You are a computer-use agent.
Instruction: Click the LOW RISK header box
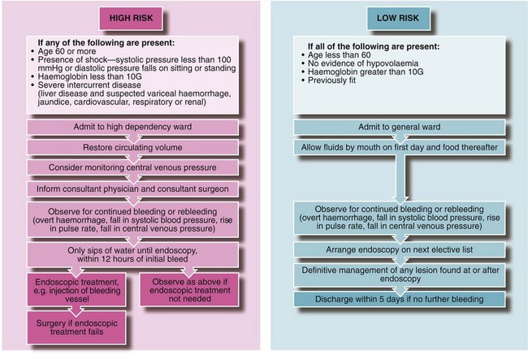(x=396, y=16)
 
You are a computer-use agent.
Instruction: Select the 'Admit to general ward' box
(x=396, y=129)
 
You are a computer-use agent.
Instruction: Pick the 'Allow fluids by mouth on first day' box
(x=396, y=146)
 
